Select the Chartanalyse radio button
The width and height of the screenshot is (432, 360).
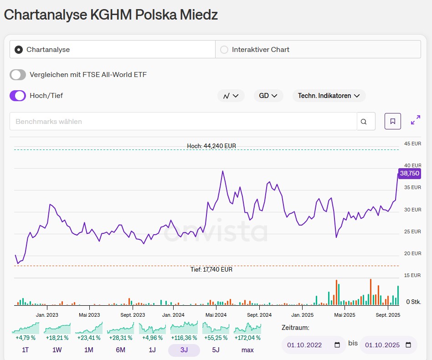[x=19, y=50]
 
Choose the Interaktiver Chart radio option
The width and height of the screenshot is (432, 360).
[x=224, y=50]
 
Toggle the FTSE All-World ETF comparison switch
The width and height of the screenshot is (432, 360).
[x=18, y=75]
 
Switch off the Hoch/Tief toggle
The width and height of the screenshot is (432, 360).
[x=18, y=96]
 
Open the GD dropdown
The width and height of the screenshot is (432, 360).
[x=268, y=96]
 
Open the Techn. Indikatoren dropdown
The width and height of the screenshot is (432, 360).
[x=329, y=96]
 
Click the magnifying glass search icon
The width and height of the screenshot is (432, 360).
[x=364, y=122]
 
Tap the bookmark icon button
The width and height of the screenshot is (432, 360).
[x=393, y=121]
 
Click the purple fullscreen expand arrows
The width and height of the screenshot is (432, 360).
[x=416, y=120]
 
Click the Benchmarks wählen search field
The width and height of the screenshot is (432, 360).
[x=182, y=122]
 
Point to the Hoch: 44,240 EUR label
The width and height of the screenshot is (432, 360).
[x=211, y=146]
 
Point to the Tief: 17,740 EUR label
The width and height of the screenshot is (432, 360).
[x=211, y=270]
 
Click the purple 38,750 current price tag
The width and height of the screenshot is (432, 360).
[x=409, y=173]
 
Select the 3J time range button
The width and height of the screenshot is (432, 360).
[x=184, y=350]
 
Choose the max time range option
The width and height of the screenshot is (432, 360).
[x=247, y=350]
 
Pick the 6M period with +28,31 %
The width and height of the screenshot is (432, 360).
[x=121, y=350]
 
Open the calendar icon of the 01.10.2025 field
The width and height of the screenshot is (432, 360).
[x=408, y=345]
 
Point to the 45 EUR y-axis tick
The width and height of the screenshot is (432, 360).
[x=412, y=144]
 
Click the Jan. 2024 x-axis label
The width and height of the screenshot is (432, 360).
[x=174, y=315]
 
